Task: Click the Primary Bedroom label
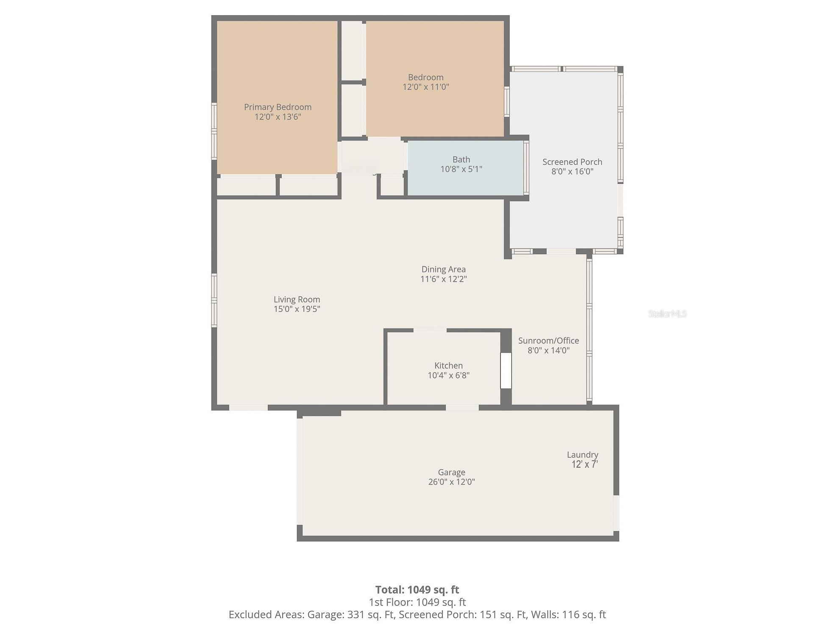pyautogui.click(x=278, y=107)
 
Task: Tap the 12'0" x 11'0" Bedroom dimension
pyautogui.click(x=425, y=87)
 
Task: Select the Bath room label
pyautogui.click(x=461, y=160)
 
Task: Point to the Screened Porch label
pyautogui.click(x=572, y=162)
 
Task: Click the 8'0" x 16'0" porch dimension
pyautogui.click(x=572, y=172)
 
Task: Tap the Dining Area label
pyautogui.click(x=443, y=269)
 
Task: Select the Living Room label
pyautogui.click(x=297, y=300)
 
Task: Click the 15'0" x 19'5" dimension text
pyautogui.click(x=297, y=309)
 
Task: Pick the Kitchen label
pyautogui.click(x=448, y=366)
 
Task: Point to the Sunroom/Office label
pyautogui.click(x=548, y=341)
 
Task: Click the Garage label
pyautogui.click(x=451, y=472)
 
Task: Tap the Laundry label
pyautogui.click(x=583, y=455)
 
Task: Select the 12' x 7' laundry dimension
pyautogui.click(x=584, y=464)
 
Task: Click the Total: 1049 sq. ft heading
pyautogui.click(x=417, y=590)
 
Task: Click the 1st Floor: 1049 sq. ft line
pyautogui.click(x=417, y=602)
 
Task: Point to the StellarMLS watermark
pyautogui.click(x=667, y=314)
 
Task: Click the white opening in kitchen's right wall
pyautogui.click(x=506, y=371)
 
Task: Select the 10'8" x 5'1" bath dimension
pyautogui.click(x=461, y=169)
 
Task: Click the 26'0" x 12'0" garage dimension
pyautogui.click(x=451, y=482)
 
